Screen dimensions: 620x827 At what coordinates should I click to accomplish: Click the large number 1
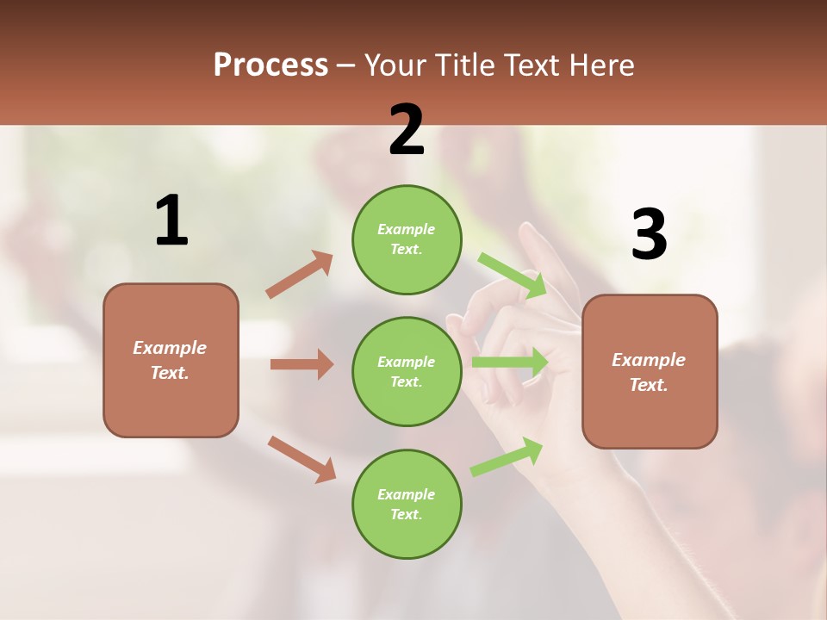click(171, 220)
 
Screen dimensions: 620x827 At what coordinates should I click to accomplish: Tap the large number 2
click(407, 130)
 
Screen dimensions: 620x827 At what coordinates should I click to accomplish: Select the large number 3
click(649, 235)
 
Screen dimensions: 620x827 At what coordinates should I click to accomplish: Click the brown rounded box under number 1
click(171, 360)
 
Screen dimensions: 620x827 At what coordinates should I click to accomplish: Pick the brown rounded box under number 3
click(650, 371)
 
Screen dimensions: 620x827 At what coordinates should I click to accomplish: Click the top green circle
click(407, 239)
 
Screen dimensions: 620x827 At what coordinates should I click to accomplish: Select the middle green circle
click(407, 371)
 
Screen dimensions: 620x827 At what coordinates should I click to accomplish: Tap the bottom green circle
click(407, 504)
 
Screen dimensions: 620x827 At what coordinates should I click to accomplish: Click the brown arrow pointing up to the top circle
click(300, 274)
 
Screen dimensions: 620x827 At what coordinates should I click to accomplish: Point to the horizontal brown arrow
click(302, 364)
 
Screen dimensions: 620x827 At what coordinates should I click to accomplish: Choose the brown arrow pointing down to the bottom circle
click(302, 459)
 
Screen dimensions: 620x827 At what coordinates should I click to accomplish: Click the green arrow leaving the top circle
click(513, 275)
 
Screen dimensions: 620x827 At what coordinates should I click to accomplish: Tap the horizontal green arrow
click(510, 363)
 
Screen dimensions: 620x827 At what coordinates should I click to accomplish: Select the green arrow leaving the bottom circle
click(507, 456)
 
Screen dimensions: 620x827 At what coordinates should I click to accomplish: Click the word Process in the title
click(270, 65)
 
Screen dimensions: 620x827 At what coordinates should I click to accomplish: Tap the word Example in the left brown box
click(170, 348)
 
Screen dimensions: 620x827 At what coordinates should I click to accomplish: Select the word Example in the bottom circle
click(406, 494)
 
